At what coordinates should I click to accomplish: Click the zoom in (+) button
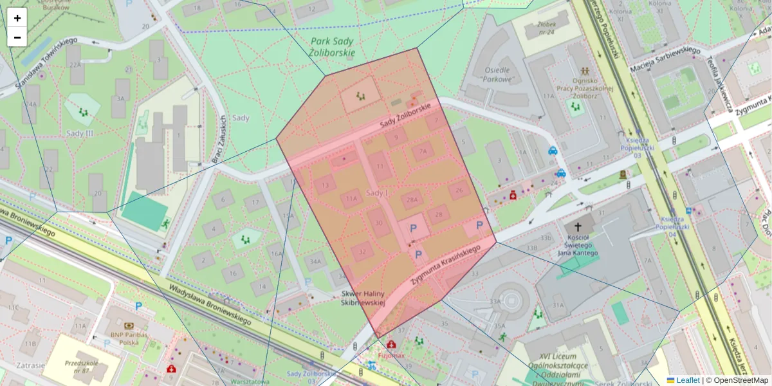17,18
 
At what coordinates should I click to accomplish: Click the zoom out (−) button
17,37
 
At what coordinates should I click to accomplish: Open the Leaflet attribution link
688,380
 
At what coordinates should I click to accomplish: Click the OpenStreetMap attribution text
737,380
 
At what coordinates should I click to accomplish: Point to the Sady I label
378,192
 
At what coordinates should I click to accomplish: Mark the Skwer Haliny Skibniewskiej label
362,298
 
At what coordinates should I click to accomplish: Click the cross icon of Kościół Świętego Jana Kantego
578,226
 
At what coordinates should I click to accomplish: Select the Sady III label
81,133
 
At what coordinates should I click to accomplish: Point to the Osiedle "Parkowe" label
497,75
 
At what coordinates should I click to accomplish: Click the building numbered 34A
315,262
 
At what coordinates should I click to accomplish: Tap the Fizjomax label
391,354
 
